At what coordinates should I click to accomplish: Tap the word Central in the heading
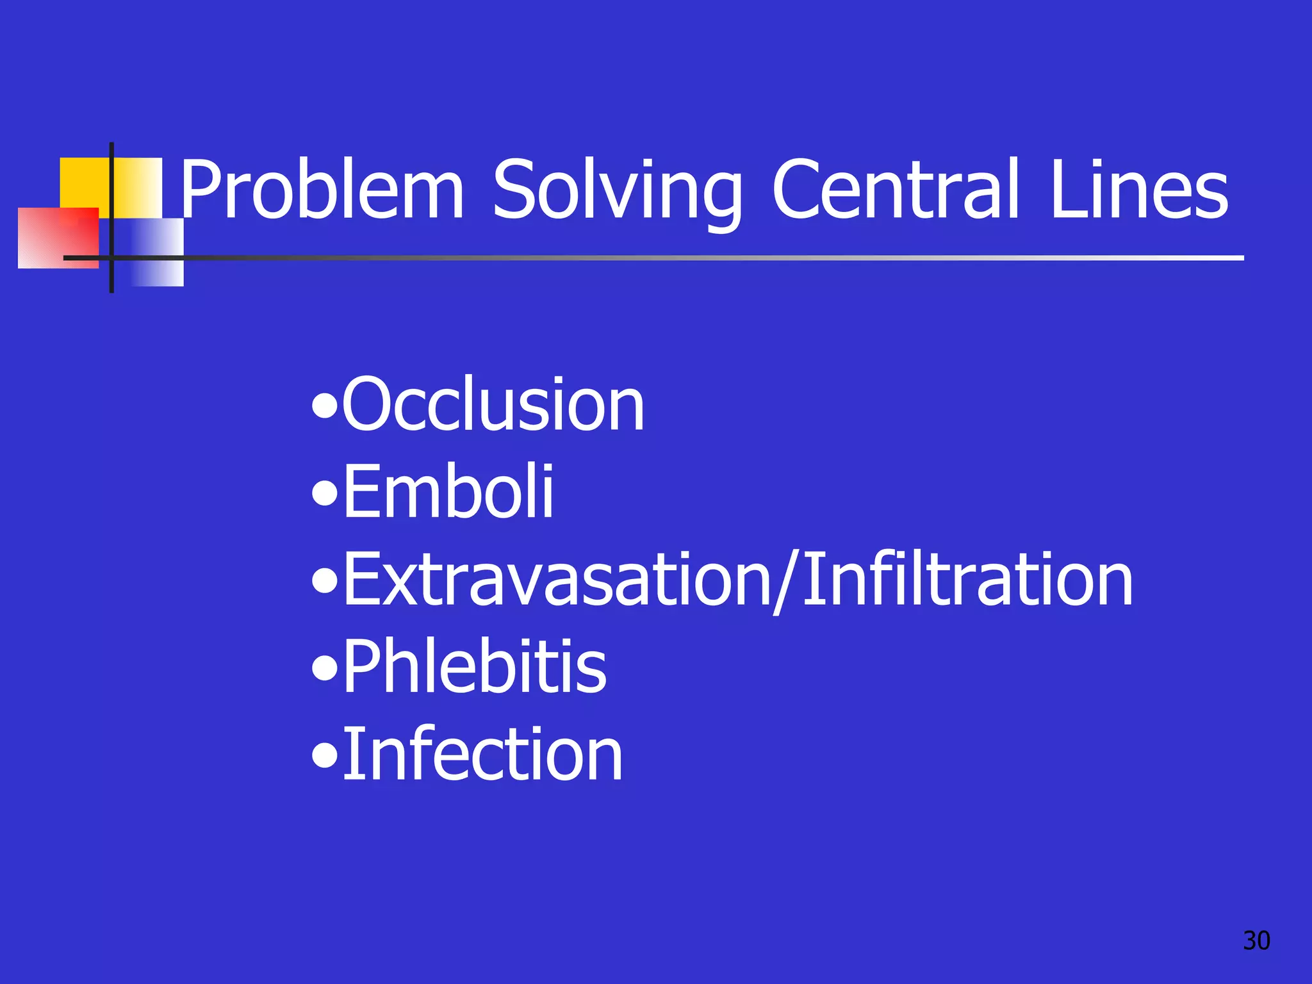tap(896, 190)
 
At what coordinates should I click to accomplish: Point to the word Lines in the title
tap(1139, 190)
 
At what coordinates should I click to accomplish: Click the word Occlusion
tap(493, 405)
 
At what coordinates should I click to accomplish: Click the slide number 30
tap(1256, 940)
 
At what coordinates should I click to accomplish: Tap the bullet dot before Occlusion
tap(325, 407)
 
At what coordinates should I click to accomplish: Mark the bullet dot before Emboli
tap(325, 495)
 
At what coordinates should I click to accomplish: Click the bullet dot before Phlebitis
tap(325, 669)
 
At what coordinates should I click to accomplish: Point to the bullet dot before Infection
tap(325, 756)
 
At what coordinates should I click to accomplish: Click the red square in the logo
tap(58, 237)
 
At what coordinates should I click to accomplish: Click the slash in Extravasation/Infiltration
tap(786, 582)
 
